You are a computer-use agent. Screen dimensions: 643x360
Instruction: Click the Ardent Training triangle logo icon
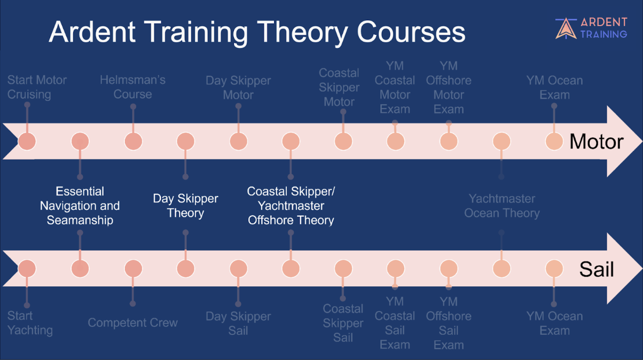(x=566, y=28)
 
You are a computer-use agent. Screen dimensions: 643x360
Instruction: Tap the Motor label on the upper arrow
(x=597, y=142)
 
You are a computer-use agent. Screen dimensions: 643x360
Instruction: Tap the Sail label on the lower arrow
(x=597, y=269)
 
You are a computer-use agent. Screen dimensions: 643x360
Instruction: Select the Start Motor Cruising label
(x=37, y=87)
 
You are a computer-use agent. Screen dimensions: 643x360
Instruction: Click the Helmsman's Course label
(x=132, y=87)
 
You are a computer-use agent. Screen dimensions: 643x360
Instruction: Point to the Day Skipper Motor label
(x=238, y=88)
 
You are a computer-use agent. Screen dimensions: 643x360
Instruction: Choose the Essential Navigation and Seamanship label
(x=80, y=206)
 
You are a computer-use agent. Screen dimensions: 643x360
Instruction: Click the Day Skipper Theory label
(x=185, y=206)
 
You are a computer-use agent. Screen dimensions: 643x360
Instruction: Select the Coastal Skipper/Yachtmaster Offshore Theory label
(x=291, y=206)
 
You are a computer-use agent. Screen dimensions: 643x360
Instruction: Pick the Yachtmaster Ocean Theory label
(x=502, y=206)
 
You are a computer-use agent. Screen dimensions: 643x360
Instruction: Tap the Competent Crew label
(x=132, y=323)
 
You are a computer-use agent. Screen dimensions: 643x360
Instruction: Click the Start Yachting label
(x=30, y=323)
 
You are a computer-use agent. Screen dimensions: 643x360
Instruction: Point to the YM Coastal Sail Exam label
(x=395, y=323)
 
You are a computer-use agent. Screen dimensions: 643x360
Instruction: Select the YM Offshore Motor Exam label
(x=449, y=88)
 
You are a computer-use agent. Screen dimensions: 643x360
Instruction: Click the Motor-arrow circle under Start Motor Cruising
(x=27, y=141)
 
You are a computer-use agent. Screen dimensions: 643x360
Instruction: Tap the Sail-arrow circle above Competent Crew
(x=133, y=269)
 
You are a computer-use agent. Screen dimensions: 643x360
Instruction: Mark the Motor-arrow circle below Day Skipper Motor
(x=239, y=141)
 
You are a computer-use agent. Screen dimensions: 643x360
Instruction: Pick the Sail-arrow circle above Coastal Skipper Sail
(x=343, y=269)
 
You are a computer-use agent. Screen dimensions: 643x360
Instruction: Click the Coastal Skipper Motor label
(x=339, y=88)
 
